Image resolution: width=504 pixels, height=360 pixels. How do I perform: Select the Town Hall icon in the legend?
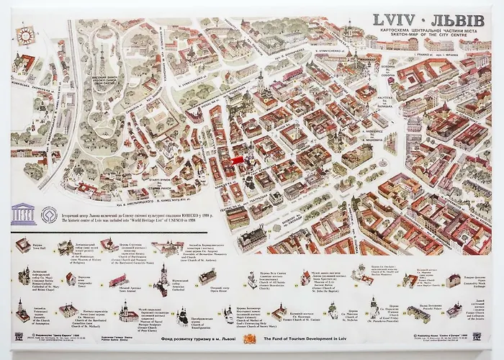24,246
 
